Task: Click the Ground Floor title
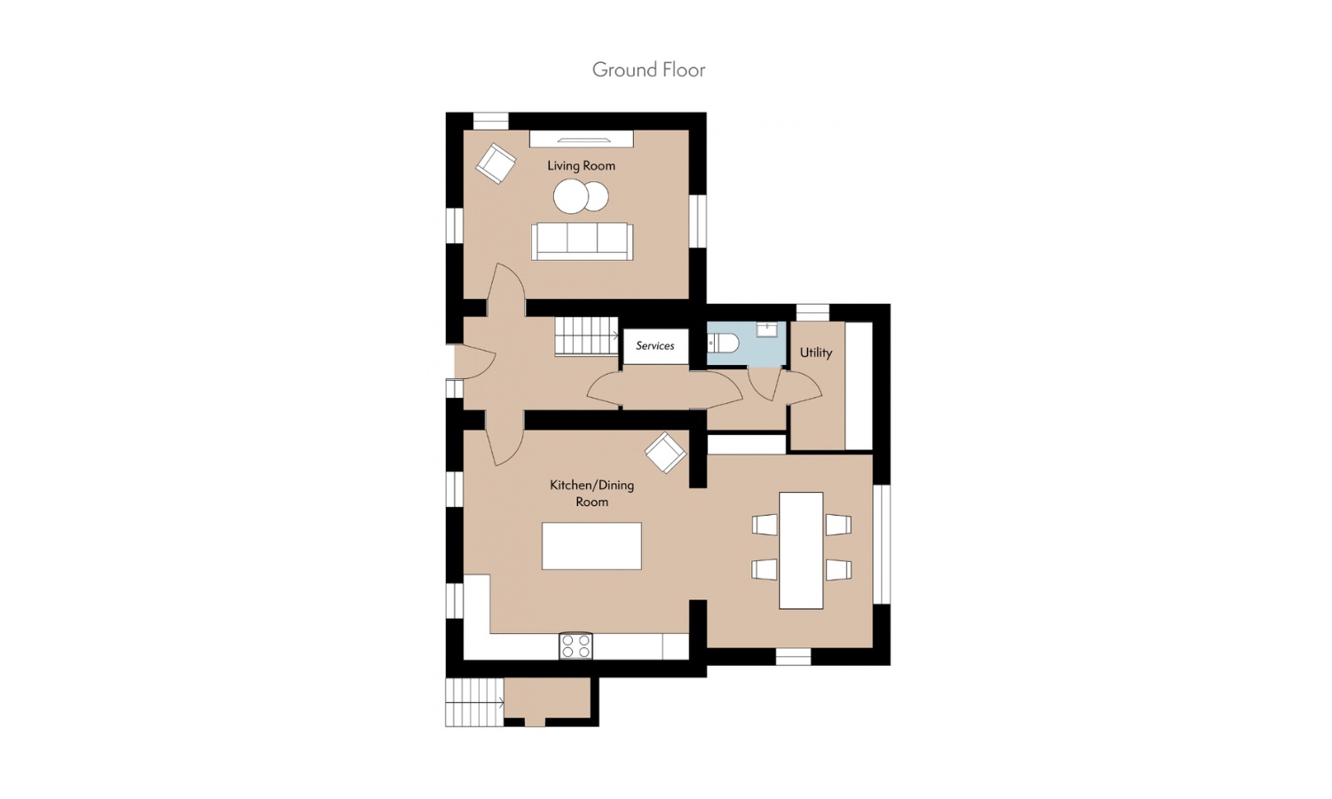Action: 649,70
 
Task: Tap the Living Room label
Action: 581,166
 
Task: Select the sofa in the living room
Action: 583,241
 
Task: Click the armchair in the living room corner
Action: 496,162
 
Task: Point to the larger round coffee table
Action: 571,196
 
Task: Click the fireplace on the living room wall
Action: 582,139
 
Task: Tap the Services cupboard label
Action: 655,345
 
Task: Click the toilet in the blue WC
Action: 723,343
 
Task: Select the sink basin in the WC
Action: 766,329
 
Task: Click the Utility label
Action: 816,352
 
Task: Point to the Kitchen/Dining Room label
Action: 591,493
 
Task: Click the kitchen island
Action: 591,546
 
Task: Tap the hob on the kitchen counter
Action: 575,646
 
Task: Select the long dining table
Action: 801,550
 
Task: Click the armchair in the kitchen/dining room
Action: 666,453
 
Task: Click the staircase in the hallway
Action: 587,336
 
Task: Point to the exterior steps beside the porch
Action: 474,703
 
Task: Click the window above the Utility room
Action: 813,312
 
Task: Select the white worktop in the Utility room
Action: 859,386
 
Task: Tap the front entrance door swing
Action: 476,360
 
